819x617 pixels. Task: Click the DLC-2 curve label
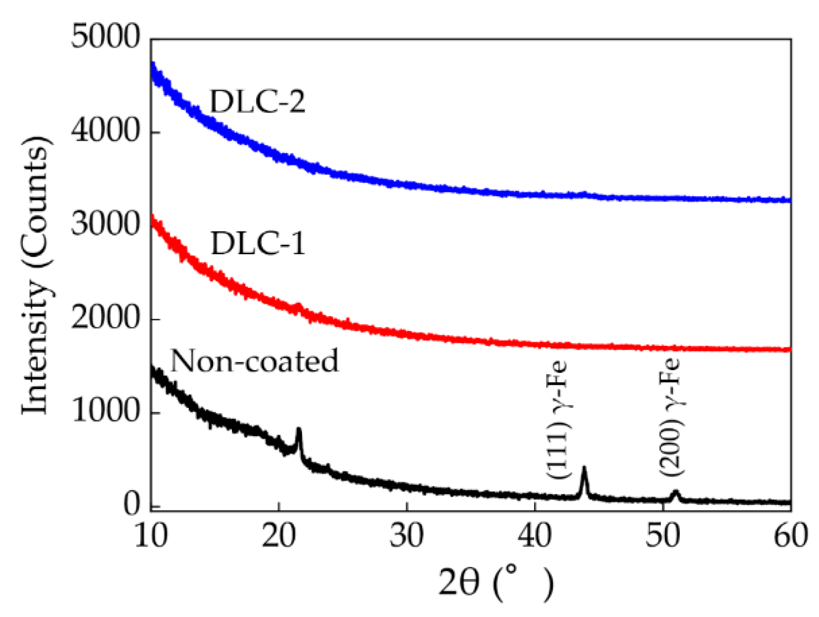click(257, 102)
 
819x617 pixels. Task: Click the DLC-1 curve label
click(257, 244)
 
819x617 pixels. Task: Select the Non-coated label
click(254, 360)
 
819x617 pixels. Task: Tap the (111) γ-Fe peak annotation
click(558, 420)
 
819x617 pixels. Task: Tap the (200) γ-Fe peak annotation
click(671, 417)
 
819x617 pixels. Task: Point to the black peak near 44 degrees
click(584, 469)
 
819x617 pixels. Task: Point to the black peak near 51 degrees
click(675, 492)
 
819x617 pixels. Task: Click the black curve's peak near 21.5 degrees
click(298, 430)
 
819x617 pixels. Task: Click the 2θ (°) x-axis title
click(495, 583)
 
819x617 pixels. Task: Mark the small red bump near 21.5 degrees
click(298, 307)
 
